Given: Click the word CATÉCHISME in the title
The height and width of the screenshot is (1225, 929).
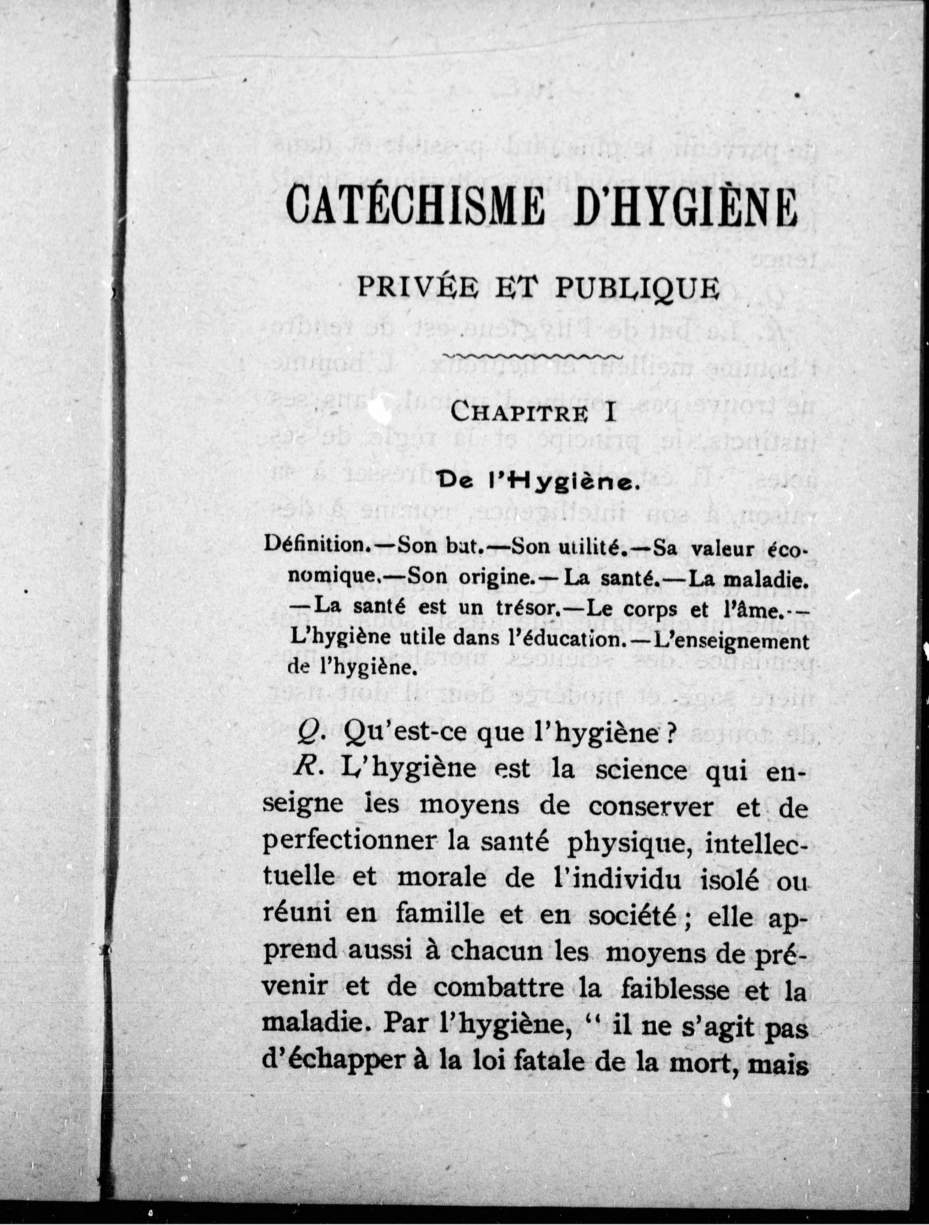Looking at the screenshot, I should pyautogui.click(x=415, y=206).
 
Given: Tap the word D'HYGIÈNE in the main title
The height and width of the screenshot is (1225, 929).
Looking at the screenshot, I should pyautogui.click(x=686, y=206).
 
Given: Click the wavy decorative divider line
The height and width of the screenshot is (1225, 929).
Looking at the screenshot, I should pyautogui.click(x=534, y=356).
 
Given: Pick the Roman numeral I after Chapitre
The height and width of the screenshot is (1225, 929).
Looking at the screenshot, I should pyautogui.click(x=611, y=412).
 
